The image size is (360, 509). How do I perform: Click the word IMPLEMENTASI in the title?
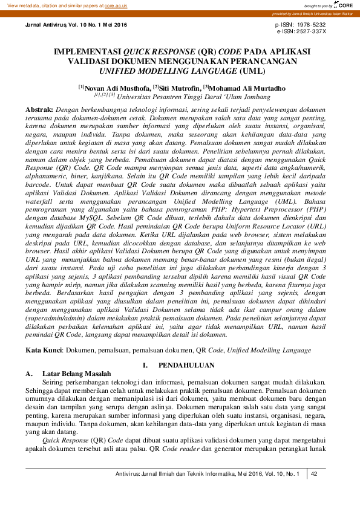(x=87, y=52)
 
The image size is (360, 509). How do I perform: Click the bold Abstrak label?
(x=39, y=108)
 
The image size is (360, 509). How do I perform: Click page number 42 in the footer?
(x=314, y=474)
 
